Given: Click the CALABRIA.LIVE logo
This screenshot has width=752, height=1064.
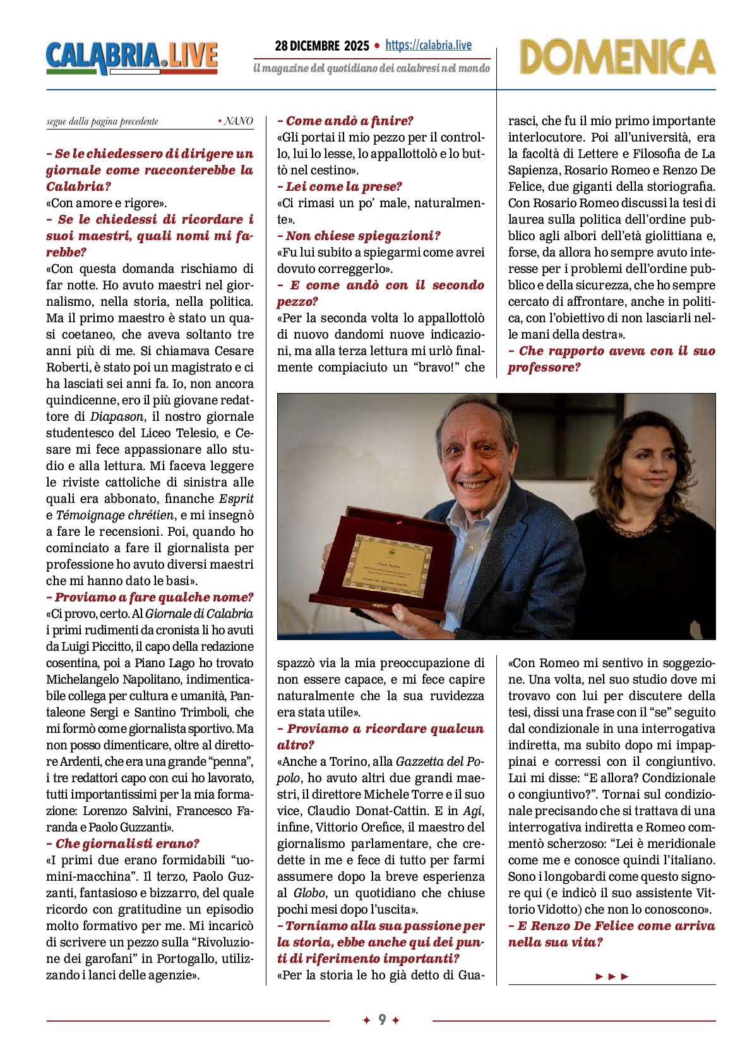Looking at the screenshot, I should coord(131,57).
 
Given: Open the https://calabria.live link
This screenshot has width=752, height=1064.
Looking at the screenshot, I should coord(428,45).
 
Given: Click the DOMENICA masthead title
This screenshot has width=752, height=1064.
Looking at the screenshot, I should coord(617,57).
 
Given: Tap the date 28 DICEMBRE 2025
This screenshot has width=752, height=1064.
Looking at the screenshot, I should coord(322,46).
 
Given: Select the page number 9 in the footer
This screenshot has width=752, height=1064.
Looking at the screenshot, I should coord(382,1020).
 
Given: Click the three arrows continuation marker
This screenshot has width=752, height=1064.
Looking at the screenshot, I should coord(612,976).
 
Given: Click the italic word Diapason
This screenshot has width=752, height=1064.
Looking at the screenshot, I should coord(116,416).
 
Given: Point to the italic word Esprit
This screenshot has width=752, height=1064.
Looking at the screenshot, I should coord(236,499).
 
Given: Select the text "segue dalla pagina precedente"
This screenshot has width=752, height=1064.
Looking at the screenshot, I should coord(102,121).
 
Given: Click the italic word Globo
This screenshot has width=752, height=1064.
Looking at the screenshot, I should coord(309,893).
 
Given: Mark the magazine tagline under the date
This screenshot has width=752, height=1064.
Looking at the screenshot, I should coord(371,68).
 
